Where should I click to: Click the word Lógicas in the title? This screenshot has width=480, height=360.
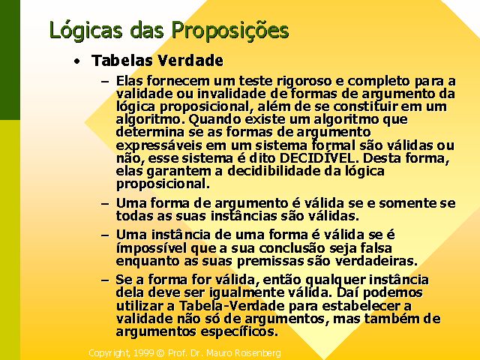[x=85, y=31]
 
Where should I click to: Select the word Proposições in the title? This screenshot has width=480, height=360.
[x=230, y=31]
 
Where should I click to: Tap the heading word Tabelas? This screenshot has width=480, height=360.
[x=121, y=60]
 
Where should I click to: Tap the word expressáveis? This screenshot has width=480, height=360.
[x=159, y=145]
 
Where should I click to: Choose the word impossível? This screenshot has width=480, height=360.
[x=151, y=248]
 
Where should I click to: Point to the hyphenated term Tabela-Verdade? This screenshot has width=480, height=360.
[x=232, y=305]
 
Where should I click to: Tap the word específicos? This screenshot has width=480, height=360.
[x=239, y=331]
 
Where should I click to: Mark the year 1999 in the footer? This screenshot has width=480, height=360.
[x=143, y=353]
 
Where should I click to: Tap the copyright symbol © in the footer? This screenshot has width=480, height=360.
[x=160, y=353]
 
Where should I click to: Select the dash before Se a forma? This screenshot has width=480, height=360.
[x=105, y=280]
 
